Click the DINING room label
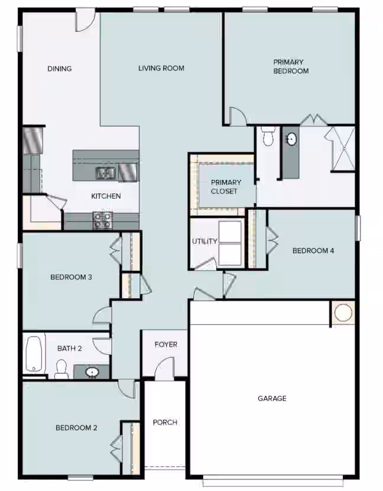(x=60, y=69)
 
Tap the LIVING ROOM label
(x=161, y=68)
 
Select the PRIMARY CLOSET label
(x=226, y=186)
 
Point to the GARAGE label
(x=272, y=398)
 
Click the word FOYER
(x=166, y=344)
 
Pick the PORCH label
(x=165, y=422)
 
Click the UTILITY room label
(x=205, y=241)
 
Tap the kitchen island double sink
(x=105, y=173)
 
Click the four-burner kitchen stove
(x=103, y=221)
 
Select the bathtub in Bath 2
(x=34, y=354)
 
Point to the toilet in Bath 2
(x=61, y=369)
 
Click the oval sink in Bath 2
(x=92, y=372)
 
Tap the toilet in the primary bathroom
(x=268, y=137)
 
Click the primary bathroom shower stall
(x=342, y=149)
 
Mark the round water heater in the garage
(x=343, y=312)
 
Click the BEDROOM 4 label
(x=313, y=250)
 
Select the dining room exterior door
(x=85, y=21)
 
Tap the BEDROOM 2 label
(x=76, y=428)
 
